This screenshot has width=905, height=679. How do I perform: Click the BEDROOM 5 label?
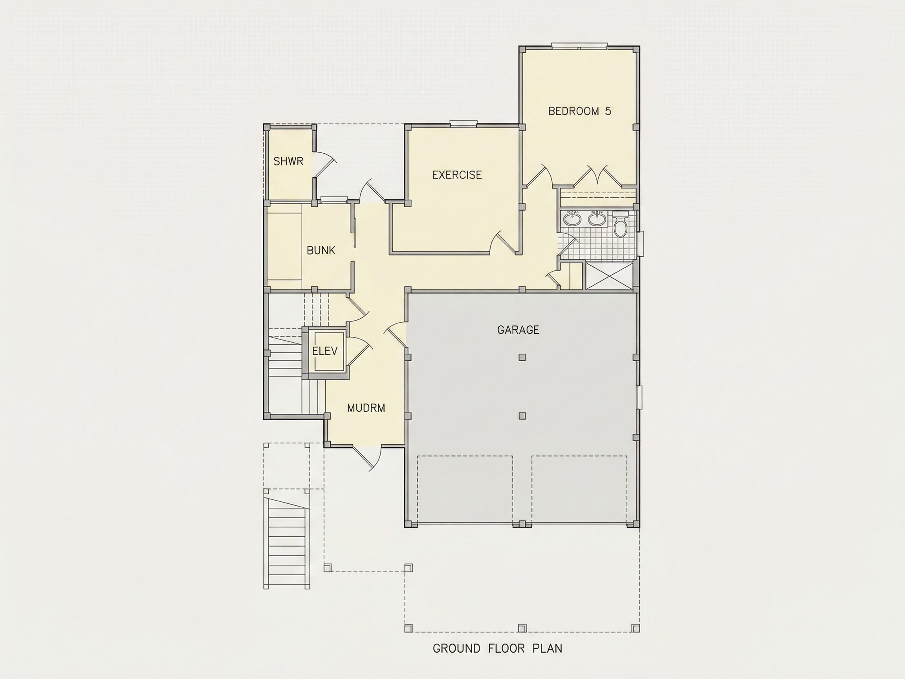pos(579,111)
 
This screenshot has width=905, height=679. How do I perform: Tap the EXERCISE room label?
pos(457,175)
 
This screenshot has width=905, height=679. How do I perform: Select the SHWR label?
pos(288,161)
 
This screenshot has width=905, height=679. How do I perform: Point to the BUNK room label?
pos(321,250)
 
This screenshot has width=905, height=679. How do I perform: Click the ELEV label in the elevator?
pos(325,351)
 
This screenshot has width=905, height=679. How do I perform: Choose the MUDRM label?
pos(366,407)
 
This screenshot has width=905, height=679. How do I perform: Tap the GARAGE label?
pos(518,329)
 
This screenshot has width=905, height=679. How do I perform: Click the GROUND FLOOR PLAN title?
pos(498,648)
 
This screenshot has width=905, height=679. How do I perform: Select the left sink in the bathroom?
pos(572,219)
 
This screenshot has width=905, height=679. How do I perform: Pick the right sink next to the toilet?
pos(597,219)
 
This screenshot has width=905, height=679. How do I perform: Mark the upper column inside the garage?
pos(522,357)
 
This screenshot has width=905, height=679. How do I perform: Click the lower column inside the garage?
pos(522,416)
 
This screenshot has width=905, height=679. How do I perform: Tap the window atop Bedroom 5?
pos(579,46)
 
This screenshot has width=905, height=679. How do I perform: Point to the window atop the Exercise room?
pos(463,123)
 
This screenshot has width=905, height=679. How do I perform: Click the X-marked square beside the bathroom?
pos(610,277)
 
